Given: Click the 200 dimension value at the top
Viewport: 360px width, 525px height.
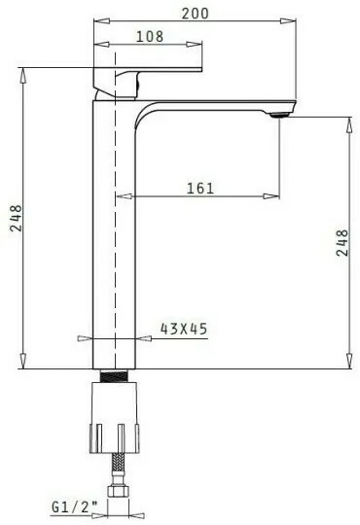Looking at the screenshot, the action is pyautogui.click(x=196, y=14).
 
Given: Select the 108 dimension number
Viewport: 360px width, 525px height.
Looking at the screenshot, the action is pyautogui.click(x=150, y=37).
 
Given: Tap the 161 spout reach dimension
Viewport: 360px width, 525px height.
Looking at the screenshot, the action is pyautogui.click(x=200, y=189).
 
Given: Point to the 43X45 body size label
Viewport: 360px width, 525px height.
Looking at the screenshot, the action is pyautogui.click(x=184, y=329).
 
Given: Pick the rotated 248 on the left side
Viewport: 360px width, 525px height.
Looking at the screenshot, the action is pyautogui.click(x=16, y=219).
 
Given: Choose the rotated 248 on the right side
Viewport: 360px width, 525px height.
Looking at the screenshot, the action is pyautogui.click(x=342, y=243).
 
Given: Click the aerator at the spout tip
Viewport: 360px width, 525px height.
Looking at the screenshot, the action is pyautogui.click(x=279, y=115).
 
